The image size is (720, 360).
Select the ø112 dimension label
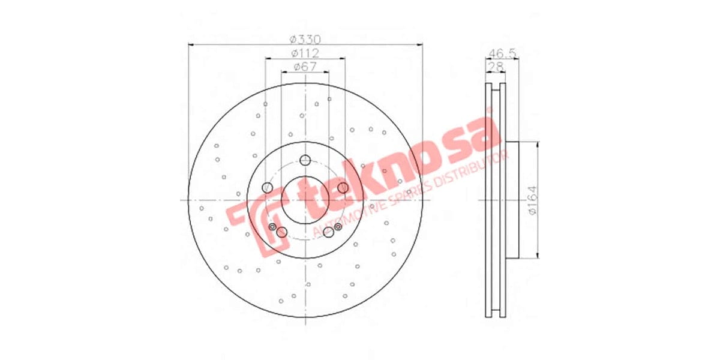pos(305,53)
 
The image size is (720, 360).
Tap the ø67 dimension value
pos(305,67)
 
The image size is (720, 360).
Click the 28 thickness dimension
pos(495,66)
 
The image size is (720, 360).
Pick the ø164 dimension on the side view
pos(532,200)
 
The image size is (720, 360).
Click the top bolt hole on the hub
pos(305,160)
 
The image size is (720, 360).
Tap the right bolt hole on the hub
pos(343,188)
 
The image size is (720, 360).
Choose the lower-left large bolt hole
pos(282,232)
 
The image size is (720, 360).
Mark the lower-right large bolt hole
pos(328,233)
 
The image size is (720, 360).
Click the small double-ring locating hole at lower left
pos(273,227)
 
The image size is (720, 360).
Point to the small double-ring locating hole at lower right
pos(338,226)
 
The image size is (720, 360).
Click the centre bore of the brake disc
pos(305,200)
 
